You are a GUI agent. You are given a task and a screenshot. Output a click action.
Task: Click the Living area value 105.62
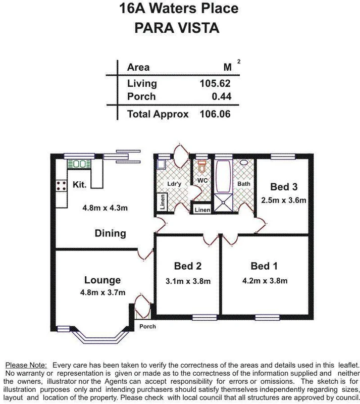pos(215,84)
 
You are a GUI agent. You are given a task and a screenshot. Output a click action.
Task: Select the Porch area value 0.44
pos(220,96)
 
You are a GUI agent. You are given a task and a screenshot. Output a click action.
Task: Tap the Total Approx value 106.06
pos(215,114)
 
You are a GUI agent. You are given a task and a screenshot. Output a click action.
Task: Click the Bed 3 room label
pos(283,186)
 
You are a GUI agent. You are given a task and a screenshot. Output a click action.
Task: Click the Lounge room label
pos(102,280)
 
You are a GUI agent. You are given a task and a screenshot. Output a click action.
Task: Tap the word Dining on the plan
pos(110,233)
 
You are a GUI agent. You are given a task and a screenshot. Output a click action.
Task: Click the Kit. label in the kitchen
pos(80,185)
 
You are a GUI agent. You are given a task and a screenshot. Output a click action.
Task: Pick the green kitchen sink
pos(79,164)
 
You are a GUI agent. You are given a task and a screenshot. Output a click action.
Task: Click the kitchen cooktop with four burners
pos(62,185)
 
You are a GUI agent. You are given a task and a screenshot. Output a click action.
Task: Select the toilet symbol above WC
pos(202,166)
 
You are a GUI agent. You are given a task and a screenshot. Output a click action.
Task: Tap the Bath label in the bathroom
pos(243,184)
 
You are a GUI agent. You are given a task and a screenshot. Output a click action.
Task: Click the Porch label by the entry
pos(147,327)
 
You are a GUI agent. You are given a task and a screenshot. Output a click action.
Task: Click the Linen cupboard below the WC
pos(202,210)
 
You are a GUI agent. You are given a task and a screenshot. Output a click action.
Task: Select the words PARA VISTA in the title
pos(177,28)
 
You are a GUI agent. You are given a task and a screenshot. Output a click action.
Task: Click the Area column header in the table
pos(138,67)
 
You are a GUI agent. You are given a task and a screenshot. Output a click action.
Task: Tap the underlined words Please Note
pos(26,365)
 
